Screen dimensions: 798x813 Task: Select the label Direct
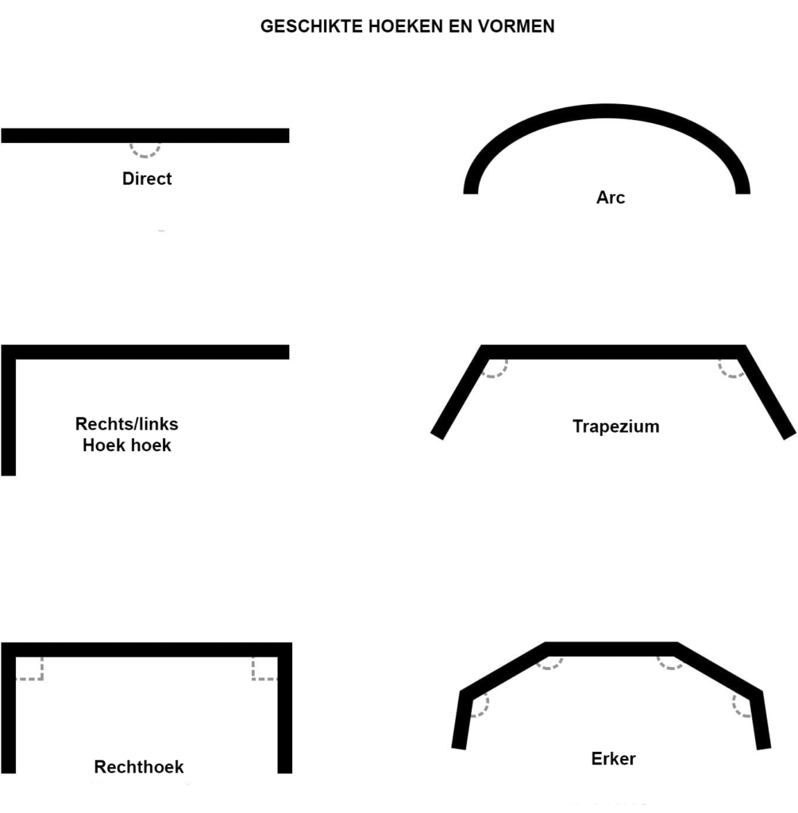(x=147, y=179)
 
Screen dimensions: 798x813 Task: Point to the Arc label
(x=611, y=197)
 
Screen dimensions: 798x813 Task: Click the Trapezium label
(x=615, y=426)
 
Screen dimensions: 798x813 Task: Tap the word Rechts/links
(x=126, y=424)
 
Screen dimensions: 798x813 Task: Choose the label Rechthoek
(x=138, y=767)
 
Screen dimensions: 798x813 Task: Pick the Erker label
(x=613, y=758)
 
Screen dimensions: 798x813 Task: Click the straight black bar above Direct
(x=145, y=135)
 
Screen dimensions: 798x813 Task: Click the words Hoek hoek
(x=126, y=445)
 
